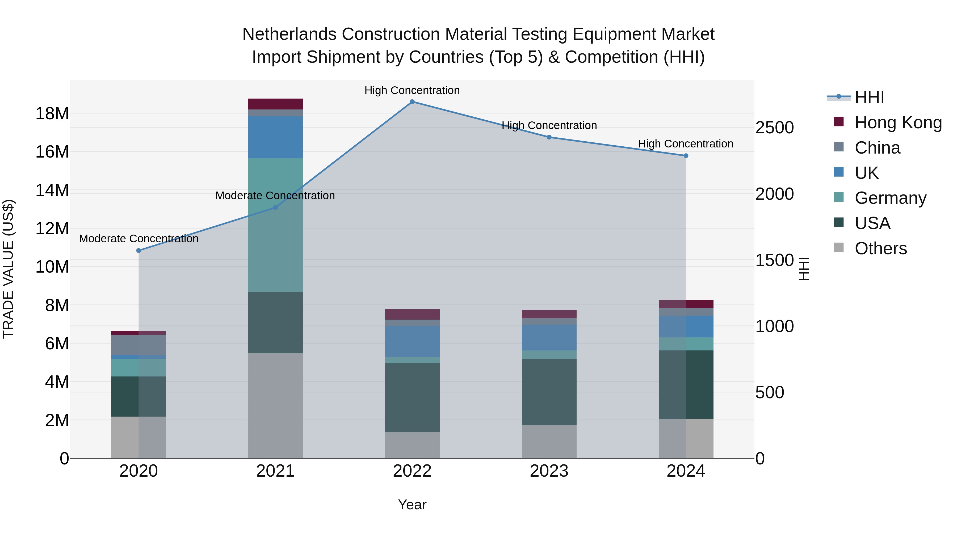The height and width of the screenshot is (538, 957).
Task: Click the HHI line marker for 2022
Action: [x=412, y=102]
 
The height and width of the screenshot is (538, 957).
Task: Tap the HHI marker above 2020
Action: [x=138, y=251]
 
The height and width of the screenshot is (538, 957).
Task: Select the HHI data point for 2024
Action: [x=686, y=156]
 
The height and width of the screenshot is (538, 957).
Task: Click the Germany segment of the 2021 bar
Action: [x=275, y=225]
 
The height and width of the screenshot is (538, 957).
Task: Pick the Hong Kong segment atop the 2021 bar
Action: [x=275, y=104]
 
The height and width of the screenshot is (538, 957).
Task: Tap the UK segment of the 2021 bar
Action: [x=275, y=137]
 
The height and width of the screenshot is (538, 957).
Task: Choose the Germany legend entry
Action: [x=890, y=198]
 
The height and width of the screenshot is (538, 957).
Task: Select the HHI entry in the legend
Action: [x=869, y=98]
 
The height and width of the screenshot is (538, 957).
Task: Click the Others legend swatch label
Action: [x=880, y=248]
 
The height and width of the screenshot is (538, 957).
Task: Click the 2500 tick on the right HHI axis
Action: [x=775, y=128]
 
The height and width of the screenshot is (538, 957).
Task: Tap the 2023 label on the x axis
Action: [x=549, y=471]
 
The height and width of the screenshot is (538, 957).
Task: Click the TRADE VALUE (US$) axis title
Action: [x=8, y=269]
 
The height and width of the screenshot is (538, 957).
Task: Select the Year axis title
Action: [x=412, y=505]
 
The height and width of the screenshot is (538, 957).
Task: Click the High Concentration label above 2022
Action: [x=412, y=91]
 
